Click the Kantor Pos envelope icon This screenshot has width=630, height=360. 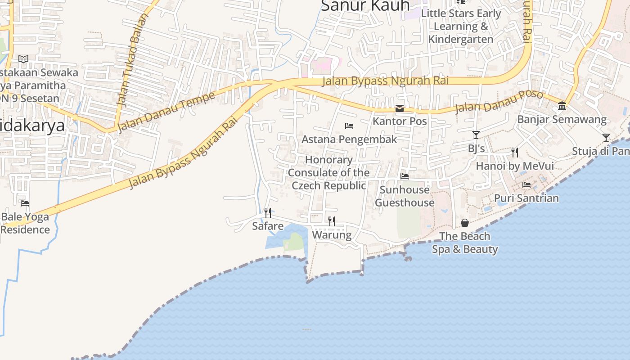tap(400, 108)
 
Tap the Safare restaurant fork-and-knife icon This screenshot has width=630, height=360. tap(268, 212)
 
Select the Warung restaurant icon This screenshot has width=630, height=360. tap(332, 221)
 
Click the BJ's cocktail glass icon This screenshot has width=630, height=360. tap(476, 135)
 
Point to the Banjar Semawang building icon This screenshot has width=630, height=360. tap(562, 106)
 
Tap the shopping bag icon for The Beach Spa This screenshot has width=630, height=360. tap(465, 223)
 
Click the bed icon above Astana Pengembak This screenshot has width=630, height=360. tap(349, 126)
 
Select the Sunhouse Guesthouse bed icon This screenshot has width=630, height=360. tap(405, 176)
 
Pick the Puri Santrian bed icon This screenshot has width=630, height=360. tap(526, 185)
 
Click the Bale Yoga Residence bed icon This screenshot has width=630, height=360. tap(25, 203)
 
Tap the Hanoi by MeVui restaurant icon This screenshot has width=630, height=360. tap(515, 153)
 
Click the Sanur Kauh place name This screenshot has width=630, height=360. tap(365, 6)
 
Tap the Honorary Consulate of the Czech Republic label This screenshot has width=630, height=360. tap(329, 173)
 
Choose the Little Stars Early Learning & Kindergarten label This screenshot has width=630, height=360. tap(461, 26)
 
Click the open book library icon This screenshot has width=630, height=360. tap(23, 59)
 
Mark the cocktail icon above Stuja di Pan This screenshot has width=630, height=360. tap(606, 137)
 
